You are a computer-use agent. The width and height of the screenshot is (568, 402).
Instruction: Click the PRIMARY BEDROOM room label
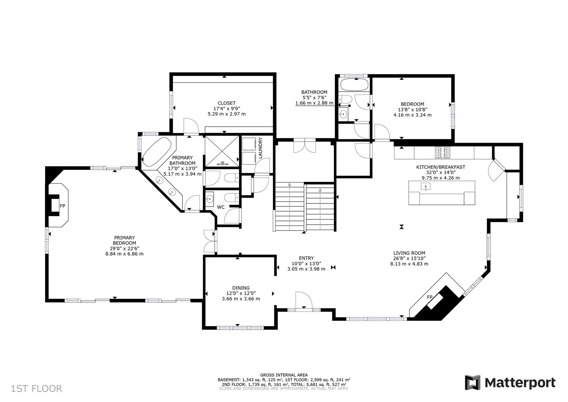[x=124, y=240]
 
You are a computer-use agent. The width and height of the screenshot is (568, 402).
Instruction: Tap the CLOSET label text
[x=226, y=103]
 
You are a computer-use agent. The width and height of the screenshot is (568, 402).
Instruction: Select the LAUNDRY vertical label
[x=261, y=148]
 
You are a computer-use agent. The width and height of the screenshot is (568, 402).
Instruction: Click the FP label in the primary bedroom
[x=63, y=206]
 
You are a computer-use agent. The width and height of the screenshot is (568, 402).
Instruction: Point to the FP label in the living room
[x=430, y=297]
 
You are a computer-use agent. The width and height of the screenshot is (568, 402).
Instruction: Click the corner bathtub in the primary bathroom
[x=157, y=152]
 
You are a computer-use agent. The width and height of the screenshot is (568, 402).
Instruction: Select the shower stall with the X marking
[x=222, y=151]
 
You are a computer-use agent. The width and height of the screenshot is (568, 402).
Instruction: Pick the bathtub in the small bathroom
[x=354, y=85]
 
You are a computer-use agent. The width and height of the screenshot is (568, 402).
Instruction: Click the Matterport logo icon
[x=473, y=383]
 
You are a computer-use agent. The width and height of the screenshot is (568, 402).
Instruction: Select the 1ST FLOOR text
[x=36, y=389]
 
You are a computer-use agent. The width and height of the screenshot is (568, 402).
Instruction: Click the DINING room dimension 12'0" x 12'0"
[x=241, y=293]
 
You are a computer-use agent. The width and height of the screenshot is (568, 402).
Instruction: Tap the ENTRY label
[x=306, y=258]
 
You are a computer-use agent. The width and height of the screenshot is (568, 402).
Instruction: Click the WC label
[x=221, y=207]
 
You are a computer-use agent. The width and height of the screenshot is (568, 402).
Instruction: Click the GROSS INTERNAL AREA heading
[x=284, y=375]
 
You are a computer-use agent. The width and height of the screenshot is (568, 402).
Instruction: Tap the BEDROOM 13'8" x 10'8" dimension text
[x=412, y=110]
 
